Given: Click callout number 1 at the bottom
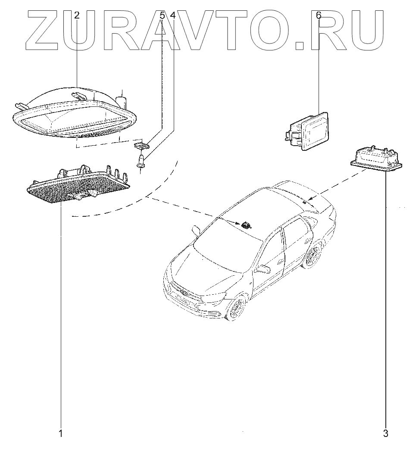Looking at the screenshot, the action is tap(61, 433).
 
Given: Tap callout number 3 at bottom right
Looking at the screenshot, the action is tap(386, 433).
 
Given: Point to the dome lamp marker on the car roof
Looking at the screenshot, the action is tap(247, 224).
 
